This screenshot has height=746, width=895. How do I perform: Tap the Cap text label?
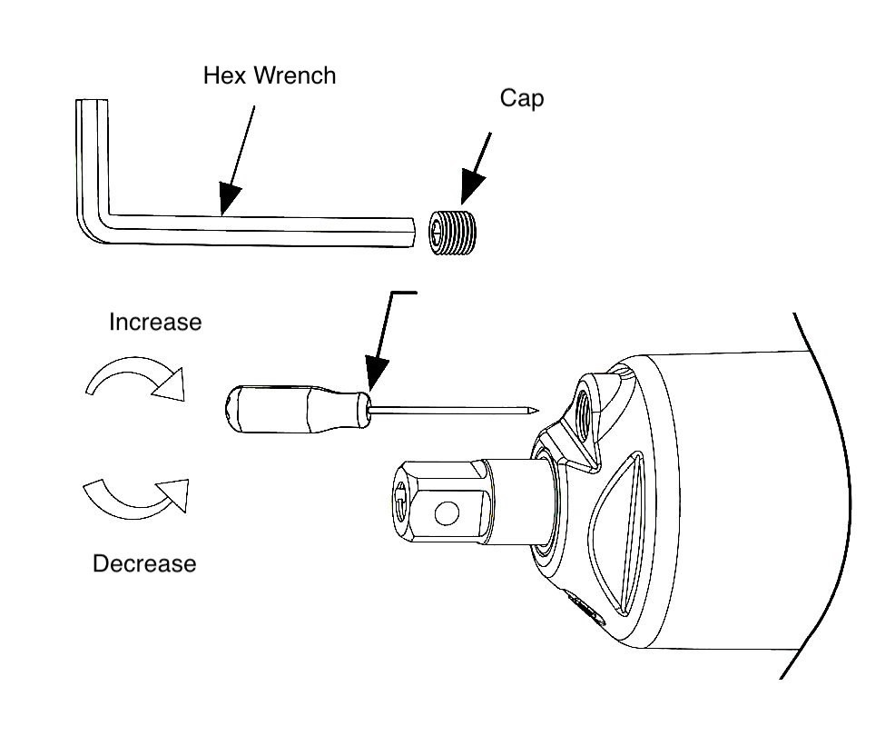pos(521,98)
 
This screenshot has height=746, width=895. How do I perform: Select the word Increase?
pos(155,322)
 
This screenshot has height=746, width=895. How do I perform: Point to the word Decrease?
pos(144,563)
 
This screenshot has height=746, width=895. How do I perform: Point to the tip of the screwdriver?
pos(536,409)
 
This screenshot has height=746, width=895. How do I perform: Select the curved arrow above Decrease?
pos(136,495)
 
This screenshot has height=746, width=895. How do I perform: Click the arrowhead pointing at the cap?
pos(472,189)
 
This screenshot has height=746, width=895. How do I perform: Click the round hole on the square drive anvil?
pos(446,514)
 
